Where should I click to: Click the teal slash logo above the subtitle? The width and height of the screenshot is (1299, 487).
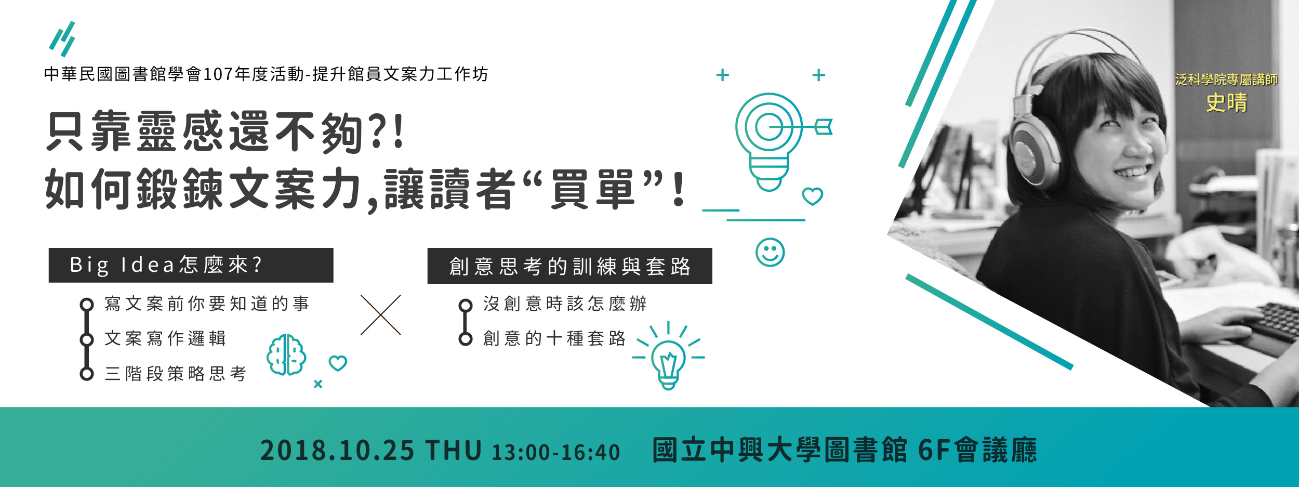click(62, 39)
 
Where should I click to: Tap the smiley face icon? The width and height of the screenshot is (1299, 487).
click(770, 253)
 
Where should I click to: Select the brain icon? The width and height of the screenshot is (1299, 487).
click(286, 354)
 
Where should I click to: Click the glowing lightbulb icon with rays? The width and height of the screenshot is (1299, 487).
click(668, 356)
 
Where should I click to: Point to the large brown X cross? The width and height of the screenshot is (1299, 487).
click(380, 315)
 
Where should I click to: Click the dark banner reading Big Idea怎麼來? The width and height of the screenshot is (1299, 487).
click(191, 265)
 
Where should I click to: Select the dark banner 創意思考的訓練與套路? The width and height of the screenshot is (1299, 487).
click(569, 266)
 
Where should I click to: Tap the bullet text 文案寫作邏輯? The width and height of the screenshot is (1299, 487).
click(165, 338)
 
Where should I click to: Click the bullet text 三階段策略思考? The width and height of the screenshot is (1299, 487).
click(176, 373)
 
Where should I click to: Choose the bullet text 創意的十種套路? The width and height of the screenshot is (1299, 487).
click(554, 338)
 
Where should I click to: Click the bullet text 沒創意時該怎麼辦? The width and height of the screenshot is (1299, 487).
click(565, 304)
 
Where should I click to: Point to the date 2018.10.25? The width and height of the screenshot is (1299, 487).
click(337, 450)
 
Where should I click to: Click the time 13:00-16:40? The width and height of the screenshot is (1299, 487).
click(556, 452)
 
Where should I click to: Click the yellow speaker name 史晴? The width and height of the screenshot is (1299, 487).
click(1226, 102)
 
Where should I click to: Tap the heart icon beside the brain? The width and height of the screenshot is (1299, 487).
click(338, 363)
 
